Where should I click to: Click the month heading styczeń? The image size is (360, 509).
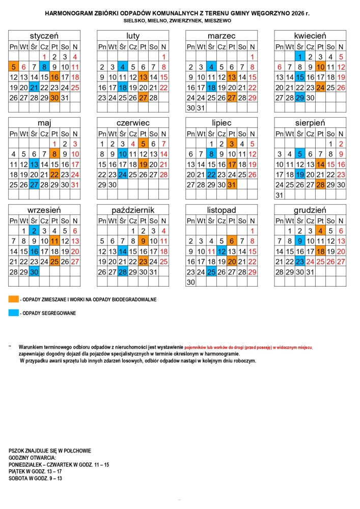[44, 36]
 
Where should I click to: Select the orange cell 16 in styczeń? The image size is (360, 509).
[55, 77]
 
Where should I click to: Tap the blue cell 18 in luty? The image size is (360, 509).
[122, 87]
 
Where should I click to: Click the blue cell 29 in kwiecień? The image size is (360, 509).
[300, 97]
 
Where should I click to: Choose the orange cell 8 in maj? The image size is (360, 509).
[55, 154]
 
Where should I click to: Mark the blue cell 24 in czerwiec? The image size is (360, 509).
[122, 174]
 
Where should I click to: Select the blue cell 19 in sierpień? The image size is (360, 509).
[300, 174]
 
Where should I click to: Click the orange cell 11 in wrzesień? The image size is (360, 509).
[55, 241]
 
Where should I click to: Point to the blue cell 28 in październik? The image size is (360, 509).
[122, 272]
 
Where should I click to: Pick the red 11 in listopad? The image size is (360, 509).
[211, 251]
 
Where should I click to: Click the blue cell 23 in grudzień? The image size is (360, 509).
[300, 261]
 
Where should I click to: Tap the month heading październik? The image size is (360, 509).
[133, 210]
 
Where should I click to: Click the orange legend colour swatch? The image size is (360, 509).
[14, 299]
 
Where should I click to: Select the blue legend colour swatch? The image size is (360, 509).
[14, 313]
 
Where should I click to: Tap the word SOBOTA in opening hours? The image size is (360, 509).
[18, 478]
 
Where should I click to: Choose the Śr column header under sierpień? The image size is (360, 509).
[300, 133]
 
